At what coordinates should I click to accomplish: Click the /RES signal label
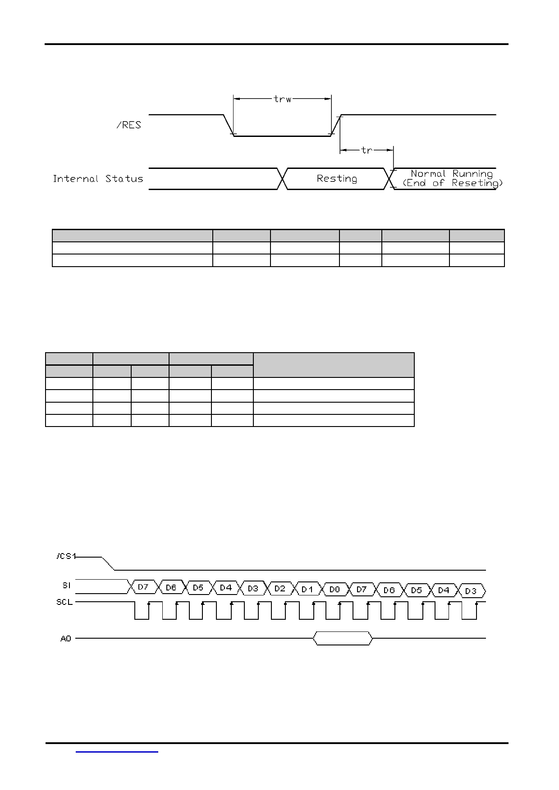[x=129, y=125]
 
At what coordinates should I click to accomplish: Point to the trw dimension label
[x=283, y=99]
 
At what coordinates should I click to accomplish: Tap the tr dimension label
[x=367, y=150]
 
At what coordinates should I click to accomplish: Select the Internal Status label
[x=98, y=178]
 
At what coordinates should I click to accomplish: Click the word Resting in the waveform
[x=337, y=178]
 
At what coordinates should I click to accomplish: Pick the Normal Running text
[x=452, y=173]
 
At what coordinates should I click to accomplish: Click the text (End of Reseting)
[x=452, y=183]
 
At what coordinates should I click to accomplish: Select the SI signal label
[x=66, y=586]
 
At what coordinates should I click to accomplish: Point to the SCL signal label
[x=64, y=602]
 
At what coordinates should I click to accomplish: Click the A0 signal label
[x=66, y=638]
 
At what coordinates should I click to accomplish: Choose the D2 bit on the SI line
[x=280, y=588]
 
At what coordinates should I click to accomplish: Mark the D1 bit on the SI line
[x=307, y=589]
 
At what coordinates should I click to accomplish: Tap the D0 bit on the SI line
[x=334, y=589]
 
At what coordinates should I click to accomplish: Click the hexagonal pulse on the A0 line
[x=343, y=638]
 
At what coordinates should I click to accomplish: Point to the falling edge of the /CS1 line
[x=109, y=563]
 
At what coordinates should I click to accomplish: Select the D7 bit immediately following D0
[x=362, y=589]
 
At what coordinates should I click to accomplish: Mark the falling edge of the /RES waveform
[x=229, y=125]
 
